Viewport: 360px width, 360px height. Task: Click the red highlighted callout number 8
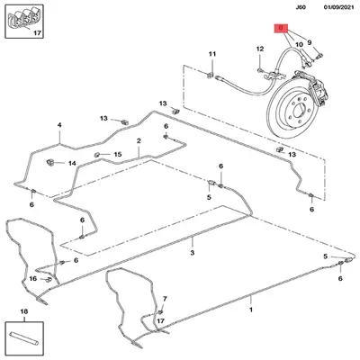tap(281, 28)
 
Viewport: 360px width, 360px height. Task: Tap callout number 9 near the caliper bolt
tap(310, 42)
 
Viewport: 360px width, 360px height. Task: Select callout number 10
tap(299, 45)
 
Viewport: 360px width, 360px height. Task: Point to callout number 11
tap(212, 54)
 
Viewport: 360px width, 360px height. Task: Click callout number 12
tap(260, 49)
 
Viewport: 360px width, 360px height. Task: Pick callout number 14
tap(72, 164)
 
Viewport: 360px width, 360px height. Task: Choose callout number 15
tap(118, 154)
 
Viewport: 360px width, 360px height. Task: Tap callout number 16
tap(33, 279)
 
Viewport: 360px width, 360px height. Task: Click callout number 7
tap(165, 299)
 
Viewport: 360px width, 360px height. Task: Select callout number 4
tap(59, 125)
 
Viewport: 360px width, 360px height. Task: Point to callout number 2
tap(139, 140)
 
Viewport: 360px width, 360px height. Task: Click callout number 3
tap(193, 253)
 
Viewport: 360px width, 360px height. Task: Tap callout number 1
tap(251, 310)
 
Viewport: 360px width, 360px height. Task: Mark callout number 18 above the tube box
tap(24, 311)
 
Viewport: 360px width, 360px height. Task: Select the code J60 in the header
tap(301, 7)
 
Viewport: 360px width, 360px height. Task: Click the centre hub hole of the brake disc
tap(299, 111)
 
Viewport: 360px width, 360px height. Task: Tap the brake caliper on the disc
tap(317, 87)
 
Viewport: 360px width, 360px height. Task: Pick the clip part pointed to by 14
tap(49, 162)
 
